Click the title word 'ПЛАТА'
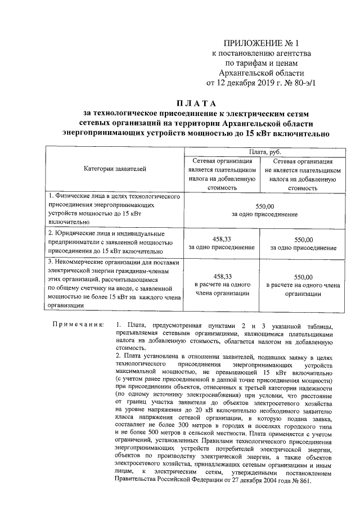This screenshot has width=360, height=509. (196, 102)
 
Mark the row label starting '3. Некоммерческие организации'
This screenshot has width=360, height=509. (112, 283)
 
